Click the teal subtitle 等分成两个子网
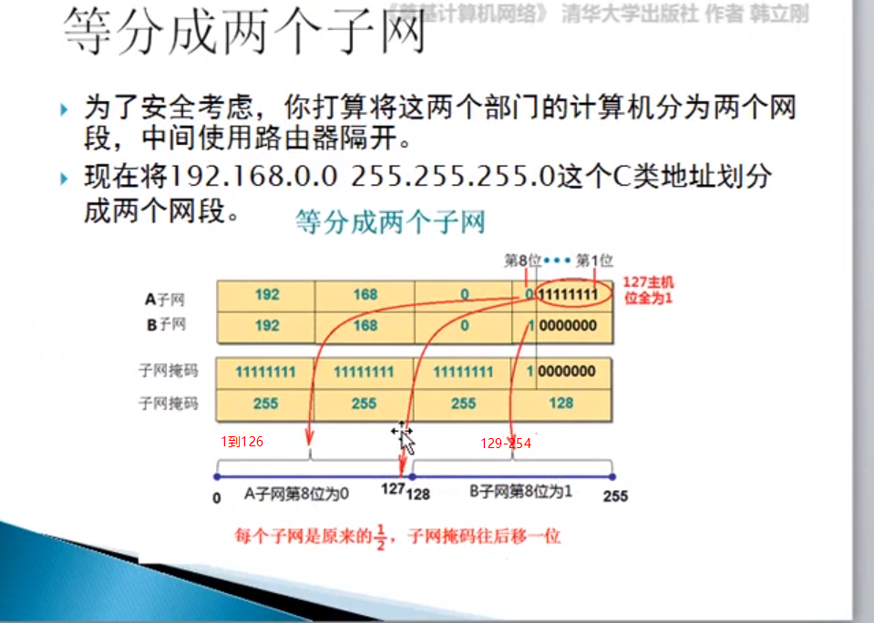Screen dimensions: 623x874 (x=390, y=222)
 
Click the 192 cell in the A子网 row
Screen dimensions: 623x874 (x=267, y=296)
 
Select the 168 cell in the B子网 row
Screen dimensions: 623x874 (x=365, y=325)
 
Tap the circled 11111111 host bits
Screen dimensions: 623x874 (x=569, y=296)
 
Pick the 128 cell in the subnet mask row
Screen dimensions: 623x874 (x=561, y=403)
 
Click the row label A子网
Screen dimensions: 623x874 (x=165, y=298)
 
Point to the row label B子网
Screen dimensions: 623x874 (x=165, y=325)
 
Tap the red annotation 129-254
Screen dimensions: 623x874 (x=506, y=444)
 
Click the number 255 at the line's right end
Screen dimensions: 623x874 (x=615, y=496)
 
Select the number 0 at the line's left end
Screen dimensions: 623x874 (x=217, y=498)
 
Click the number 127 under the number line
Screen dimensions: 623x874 (x=393, y=490)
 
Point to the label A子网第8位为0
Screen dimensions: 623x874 (x=296, y=493)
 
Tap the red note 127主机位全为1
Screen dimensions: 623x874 (x=648, y=291)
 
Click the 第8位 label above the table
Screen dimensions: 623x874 (x=523, y=261)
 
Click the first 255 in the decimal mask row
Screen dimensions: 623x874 (x=265, y=403)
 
